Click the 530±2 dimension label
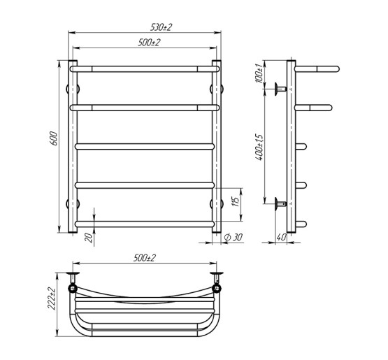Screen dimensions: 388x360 (161, 27)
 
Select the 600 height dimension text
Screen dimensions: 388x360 (54, 138)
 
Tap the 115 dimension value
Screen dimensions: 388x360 (235, 202)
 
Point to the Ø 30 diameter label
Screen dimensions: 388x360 (233, 237)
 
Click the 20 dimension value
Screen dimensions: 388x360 (88, 238)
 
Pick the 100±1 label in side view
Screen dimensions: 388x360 (259, 73)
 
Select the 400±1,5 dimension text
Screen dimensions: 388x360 (259, 147)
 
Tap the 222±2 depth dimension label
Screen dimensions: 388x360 (52, 298)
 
